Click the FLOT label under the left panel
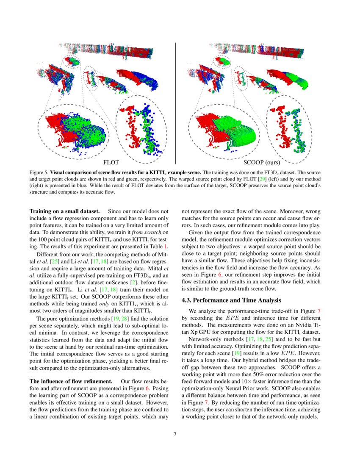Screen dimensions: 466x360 coord(111,162)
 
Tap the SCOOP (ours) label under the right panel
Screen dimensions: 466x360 coord(261,162)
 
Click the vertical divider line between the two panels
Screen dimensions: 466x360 coord(176,102)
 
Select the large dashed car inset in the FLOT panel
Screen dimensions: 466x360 coord(74,132)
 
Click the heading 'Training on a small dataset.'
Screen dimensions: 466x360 coord(64,211)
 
